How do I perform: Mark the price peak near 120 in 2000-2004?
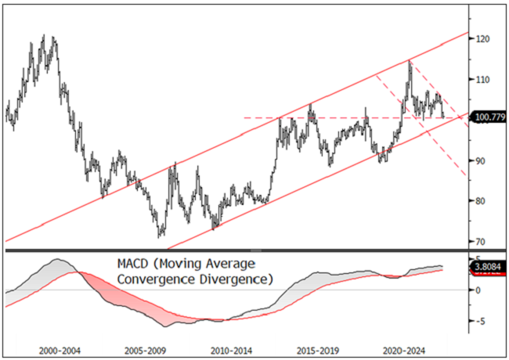43,36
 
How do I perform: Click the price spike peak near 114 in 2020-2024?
410,60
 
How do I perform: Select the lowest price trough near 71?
161,236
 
